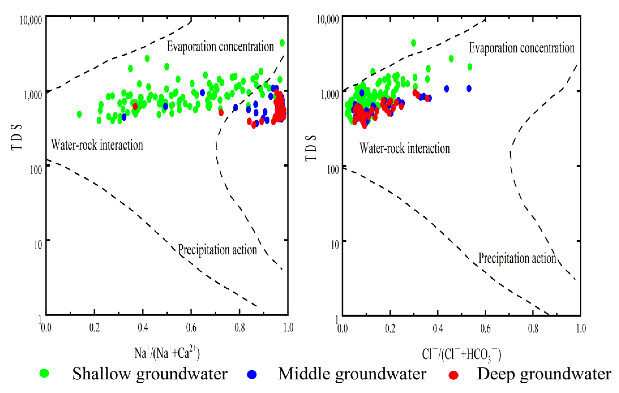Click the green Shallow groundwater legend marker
tap(44, 373)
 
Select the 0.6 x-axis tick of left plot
tap(191, 328)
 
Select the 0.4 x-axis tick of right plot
tap(438, 329)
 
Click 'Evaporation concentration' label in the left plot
tap(220, 47)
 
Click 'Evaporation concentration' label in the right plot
tap(522, 48)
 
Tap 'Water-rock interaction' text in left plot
tap(97, 145)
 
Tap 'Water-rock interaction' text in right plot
tap(405, 149)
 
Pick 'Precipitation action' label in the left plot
tap(217, 250)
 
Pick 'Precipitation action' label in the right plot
tap(517, 258)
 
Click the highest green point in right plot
tap(413, 43)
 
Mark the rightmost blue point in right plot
tap(469, 88)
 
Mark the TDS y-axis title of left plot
tap(16, 138)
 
